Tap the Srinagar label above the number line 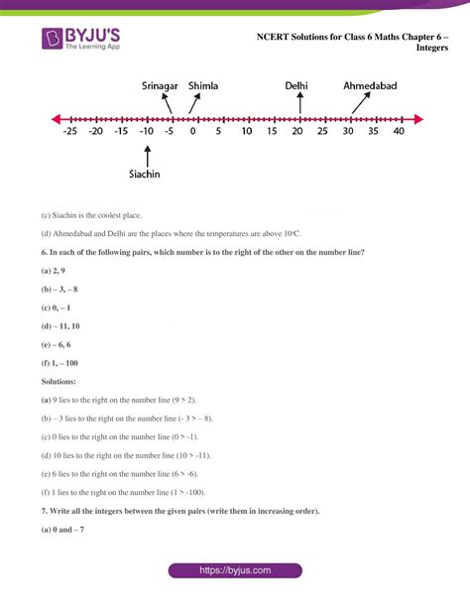162,86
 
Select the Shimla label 208,86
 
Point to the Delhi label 295,86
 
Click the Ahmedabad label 370,86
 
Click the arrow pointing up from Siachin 148,154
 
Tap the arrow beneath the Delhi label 299,103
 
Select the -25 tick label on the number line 69,132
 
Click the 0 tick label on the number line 192,132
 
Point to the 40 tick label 398,132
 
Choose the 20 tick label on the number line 295,132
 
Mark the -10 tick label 145,132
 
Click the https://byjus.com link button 234,571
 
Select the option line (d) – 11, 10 60,325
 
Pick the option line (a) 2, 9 54,271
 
